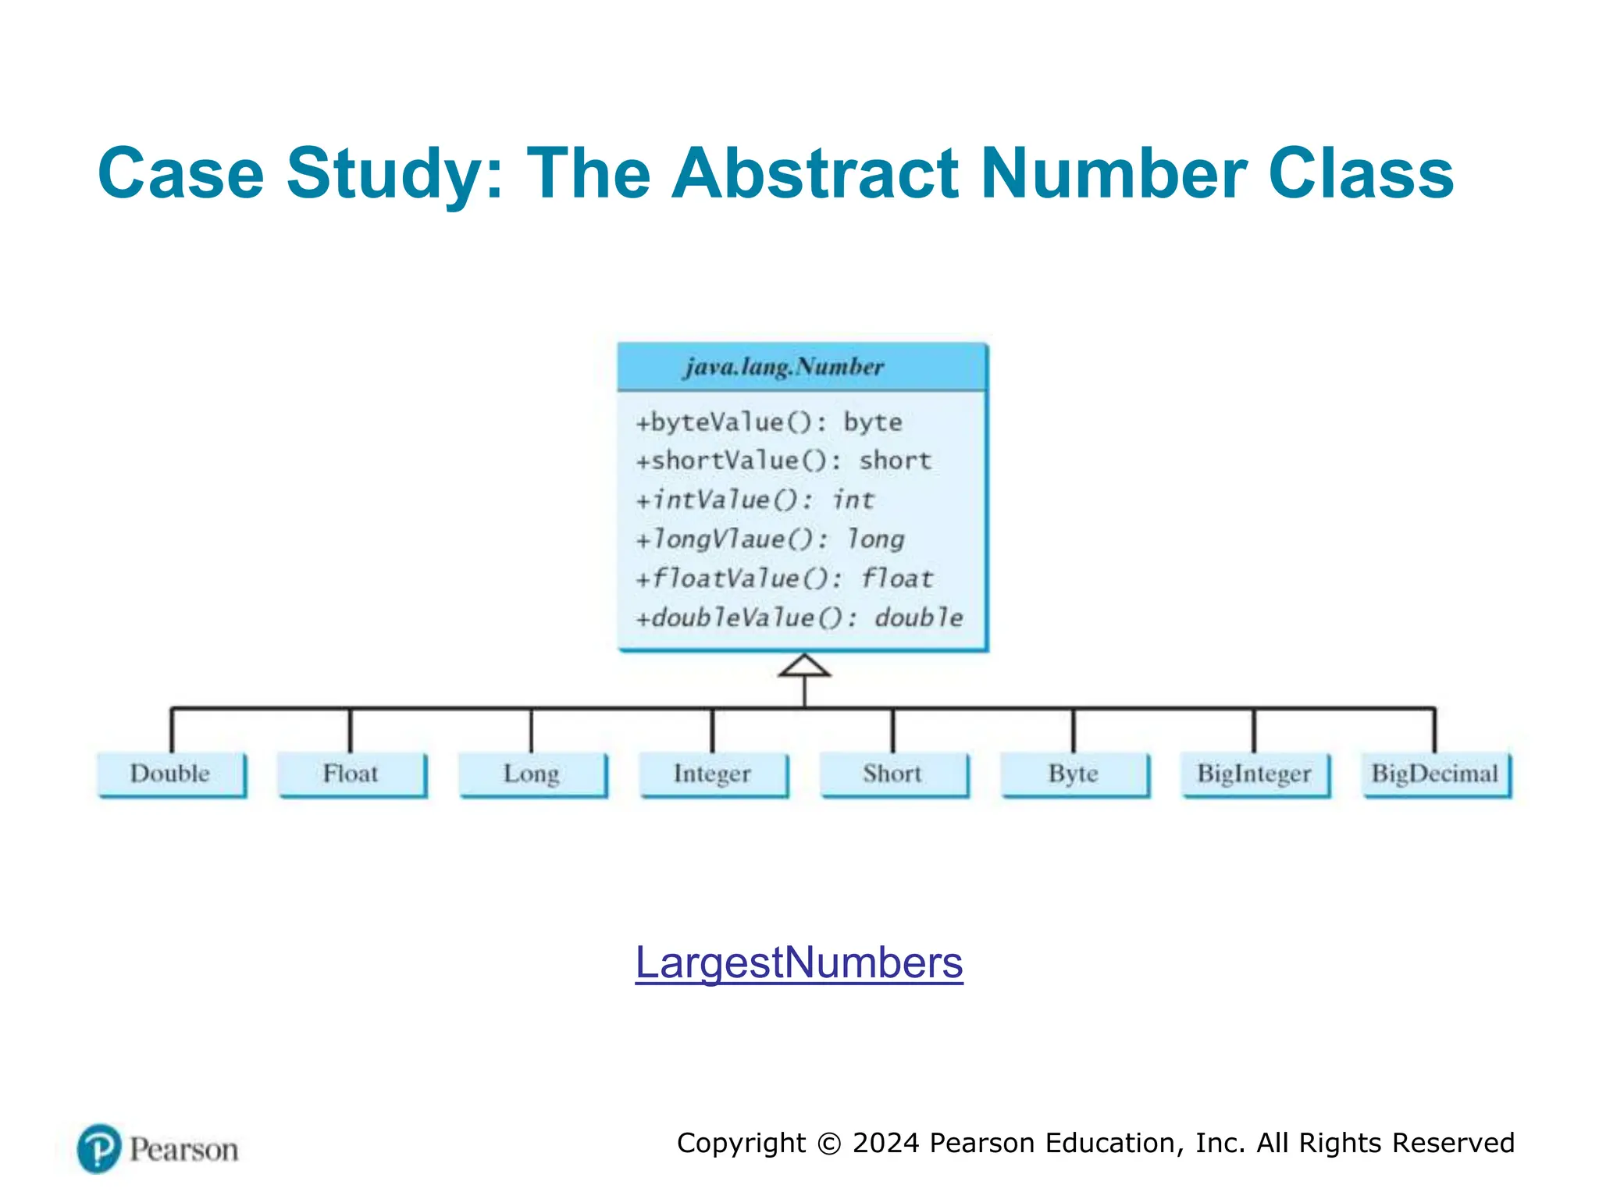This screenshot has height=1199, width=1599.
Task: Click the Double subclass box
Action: (171, 774)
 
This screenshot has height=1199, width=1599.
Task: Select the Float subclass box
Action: (351, 774)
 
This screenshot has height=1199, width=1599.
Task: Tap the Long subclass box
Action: (532, 774)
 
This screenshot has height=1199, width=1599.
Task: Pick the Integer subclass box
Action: (713, 774)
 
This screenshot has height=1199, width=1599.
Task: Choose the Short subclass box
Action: (893, 774)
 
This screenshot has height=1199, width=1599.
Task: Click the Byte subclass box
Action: (1074, 774)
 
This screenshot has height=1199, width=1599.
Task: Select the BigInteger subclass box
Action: (1255, 774)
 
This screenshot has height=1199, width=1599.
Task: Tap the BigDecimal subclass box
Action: (1436, 774)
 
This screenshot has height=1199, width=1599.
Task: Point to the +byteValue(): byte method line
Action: (769, 422)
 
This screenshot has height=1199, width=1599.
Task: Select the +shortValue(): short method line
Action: (784, 461)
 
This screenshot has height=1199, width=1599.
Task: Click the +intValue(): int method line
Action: (755, 500)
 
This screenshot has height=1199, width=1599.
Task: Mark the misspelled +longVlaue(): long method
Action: (770, 539)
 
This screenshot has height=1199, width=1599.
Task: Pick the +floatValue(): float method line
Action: (785, 578)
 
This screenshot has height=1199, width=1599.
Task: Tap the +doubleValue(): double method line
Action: (799, 617)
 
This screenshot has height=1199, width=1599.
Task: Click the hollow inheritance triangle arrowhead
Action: (804, 667)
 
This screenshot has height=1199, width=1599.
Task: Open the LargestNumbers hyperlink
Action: (799, 962)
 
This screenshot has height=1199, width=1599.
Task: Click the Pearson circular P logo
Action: (99, 1148)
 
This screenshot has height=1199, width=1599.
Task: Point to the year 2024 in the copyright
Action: (886, 1143)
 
